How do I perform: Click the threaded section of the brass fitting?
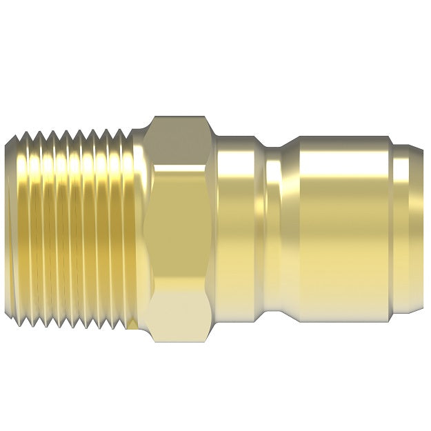click(x=76, y=228)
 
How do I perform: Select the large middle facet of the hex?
click(x=181, y=228)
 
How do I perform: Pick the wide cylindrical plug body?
click(x=338, y=228)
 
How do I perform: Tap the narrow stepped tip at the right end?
click(x=407, y=228)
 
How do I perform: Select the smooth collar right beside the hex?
click(x=238, y=228)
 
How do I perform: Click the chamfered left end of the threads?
click(x=10, y=228)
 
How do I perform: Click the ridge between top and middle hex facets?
click(x=181, y=164)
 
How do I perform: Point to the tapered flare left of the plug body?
click(x=290, y=228)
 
